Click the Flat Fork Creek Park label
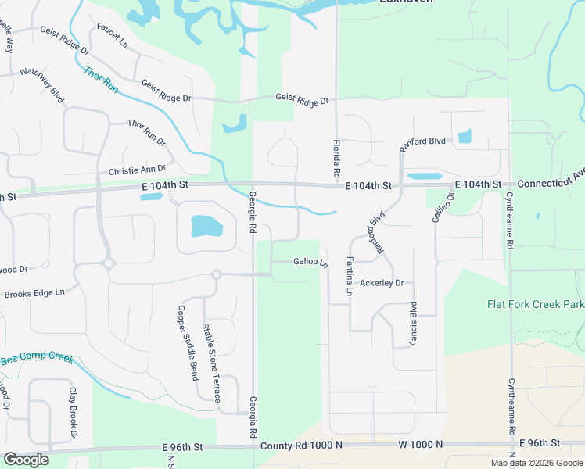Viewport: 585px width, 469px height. pyautogui.click(x=536, y=303)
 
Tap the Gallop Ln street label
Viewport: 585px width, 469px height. pyautogui.click(x=310, y=262)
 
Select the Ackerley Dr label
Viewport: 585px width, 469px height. pyautogui.click(x=382, y=283)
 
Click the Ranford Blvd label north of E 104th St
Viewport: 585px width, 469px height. pyautogui.click(x=422, y=142)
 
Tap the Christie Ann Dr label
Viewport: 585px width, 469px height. pyautogui.click(x=137, y=170)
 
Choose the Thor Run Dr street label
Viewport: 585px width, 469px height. pyautogui.click(x=147, y=132)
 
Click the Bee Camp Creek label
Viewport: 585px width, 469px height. pyautogui.click(x=37, y=359)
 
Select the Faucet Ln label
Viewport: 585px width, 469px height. pyautogui.click(x=112, y=31)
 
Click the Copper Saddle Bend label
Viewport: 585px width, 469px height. pyautogui.click(x=188, y=342)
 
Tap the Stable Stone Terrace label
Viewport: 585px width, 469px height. pyautogui.click(x=211, y=363)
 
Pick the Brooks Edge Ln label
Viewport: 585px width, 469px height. pyautogui.click(x=34, y=294)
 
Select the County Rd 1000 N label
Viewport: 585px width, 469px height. pyautogui.click(x=301, y=445)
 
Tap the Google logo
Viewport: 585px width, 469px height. pyautogui.click(x=26, y=459)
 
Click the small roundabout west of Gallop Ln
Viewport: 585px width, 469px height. pyautogui.click(x=216, y=274)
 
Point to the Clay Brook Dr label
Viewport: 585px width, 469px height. pyautogui.click(x=74, y=411)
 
